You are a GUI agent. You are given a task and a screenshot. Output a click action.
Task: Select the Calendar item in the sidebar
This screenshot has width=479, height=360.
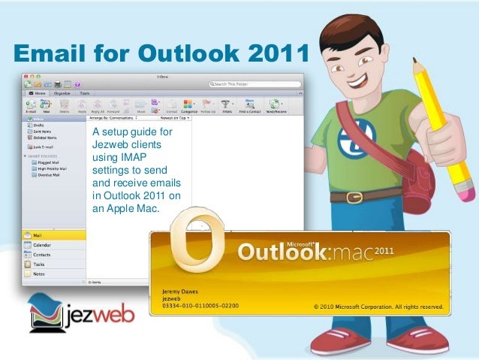[x=42, y=245]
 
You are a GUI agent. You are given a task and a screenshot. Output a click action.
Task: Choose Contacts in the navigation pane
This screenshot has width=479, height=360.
[x=42, y=255]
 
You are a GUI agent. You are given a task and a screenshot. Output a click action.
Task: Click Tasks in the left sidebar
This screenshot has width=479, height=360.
[x=39, y=265]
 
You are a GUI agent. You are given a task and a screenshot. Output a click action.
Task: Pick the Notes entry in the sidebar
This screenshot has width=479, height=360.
[x=39, y=274]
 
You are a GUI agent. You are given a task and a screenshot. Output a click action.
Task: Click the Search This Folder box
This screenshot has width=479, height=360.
[x=255, y=84]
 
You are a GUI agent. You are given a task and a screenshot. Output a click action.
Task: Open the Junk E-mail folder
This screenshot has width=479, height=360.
[x=43, y=147]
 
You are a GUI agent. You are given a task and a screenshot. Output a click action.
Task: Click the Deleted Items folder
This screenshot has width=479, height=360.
[x=45, y=138]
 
